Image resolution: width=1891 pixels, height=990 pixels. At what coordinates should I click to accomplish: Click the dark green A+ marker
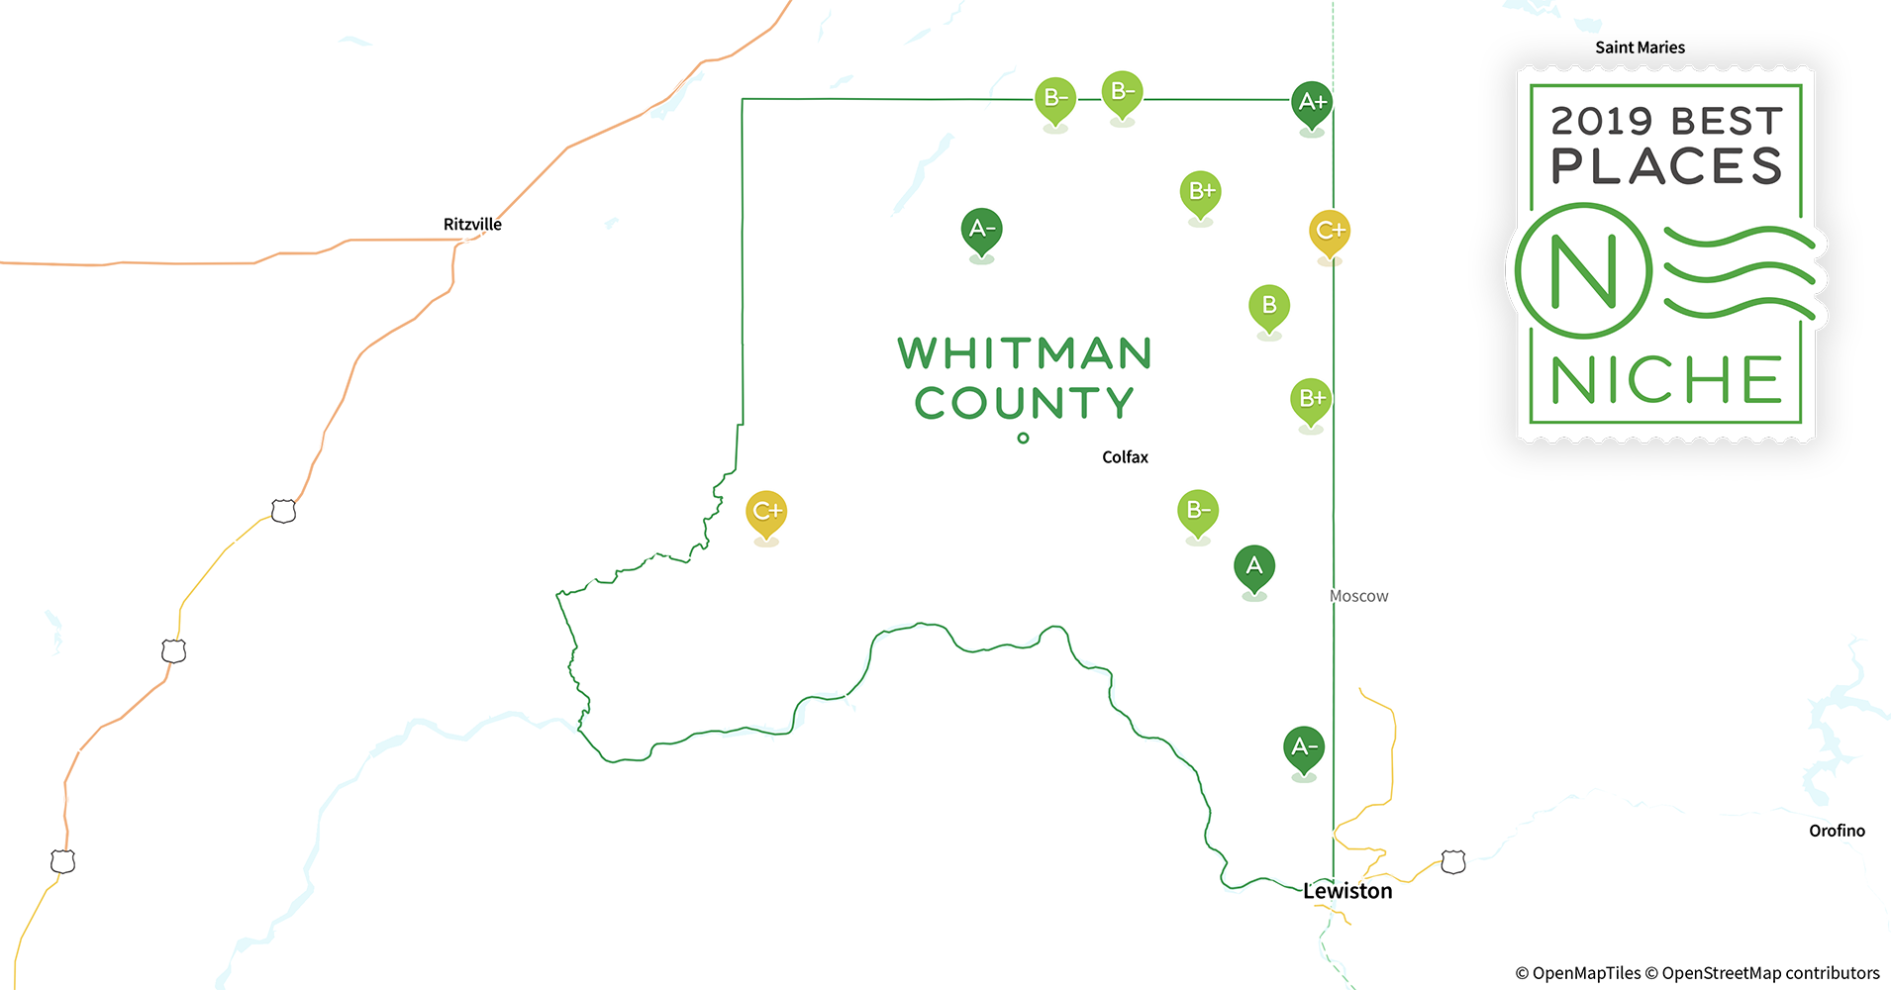click(x=1312, y=103)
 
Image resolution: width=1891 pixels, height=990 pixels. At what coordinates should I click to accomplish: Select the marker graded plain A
click(x=1254, y=567)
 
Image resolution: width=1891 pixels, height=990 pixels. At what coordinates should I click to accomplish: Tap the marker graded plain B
click(x=1269, y=307)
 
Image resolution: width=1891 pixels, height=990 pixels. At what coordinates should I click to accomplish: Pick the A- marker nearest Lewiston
click(x=1304, y=748)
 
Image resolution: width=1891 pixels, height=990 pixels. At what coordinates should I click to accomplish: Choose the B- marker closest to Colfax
click(x=1198, y=512)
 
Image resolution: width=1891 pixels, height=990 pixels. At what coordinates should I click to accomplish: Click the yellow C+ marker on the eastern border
click(x=1330, y=233)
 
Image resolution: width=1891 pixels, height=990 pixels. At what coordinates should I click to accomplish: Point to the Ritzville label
click(x=472, y=225)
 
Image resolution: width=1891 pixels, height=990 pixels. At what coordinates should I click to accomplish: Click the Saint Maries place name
click(x=1640, y=48)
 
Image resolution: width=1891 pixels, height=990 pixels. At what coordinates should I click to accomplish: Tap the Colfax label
click(x=1125, y=457)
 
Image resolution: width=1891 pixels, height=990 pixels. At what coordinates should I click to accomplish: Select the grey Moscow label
click(x=1358, y=596)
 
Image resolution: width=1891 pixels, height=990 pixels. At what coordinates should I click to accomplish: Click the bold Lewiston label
click(x=1347, y=891)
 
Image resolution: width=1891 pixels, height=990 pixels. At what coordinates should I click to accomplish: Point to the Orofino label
click(x=1837, y=831)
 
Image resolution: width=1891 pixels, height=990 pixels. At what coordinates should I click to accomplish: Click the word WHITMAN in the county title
click(x=1025, y=354)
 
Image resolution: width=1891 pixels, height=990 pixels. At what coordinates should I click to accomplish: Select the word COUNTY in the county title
click(x=1024, y=404)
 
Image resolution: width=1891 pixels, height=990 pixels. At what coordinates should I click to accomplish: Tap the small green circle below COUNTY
click(x=1023, y=438)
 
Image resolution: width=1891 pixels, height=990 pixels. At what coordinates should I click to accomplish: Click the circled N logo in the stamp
click(x=1584, y=270)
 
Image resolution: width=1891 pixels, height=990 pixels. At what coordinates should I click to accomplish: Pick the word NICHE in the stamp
click(x=1666, y=381)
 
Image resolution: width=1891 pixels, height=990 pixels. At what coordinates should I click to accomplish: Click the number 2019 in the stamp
click(x=1601, y=122)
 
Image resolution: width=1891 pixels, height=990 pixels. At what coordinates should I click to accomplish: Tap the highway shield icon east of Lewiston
click(x=1453, y=862)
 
